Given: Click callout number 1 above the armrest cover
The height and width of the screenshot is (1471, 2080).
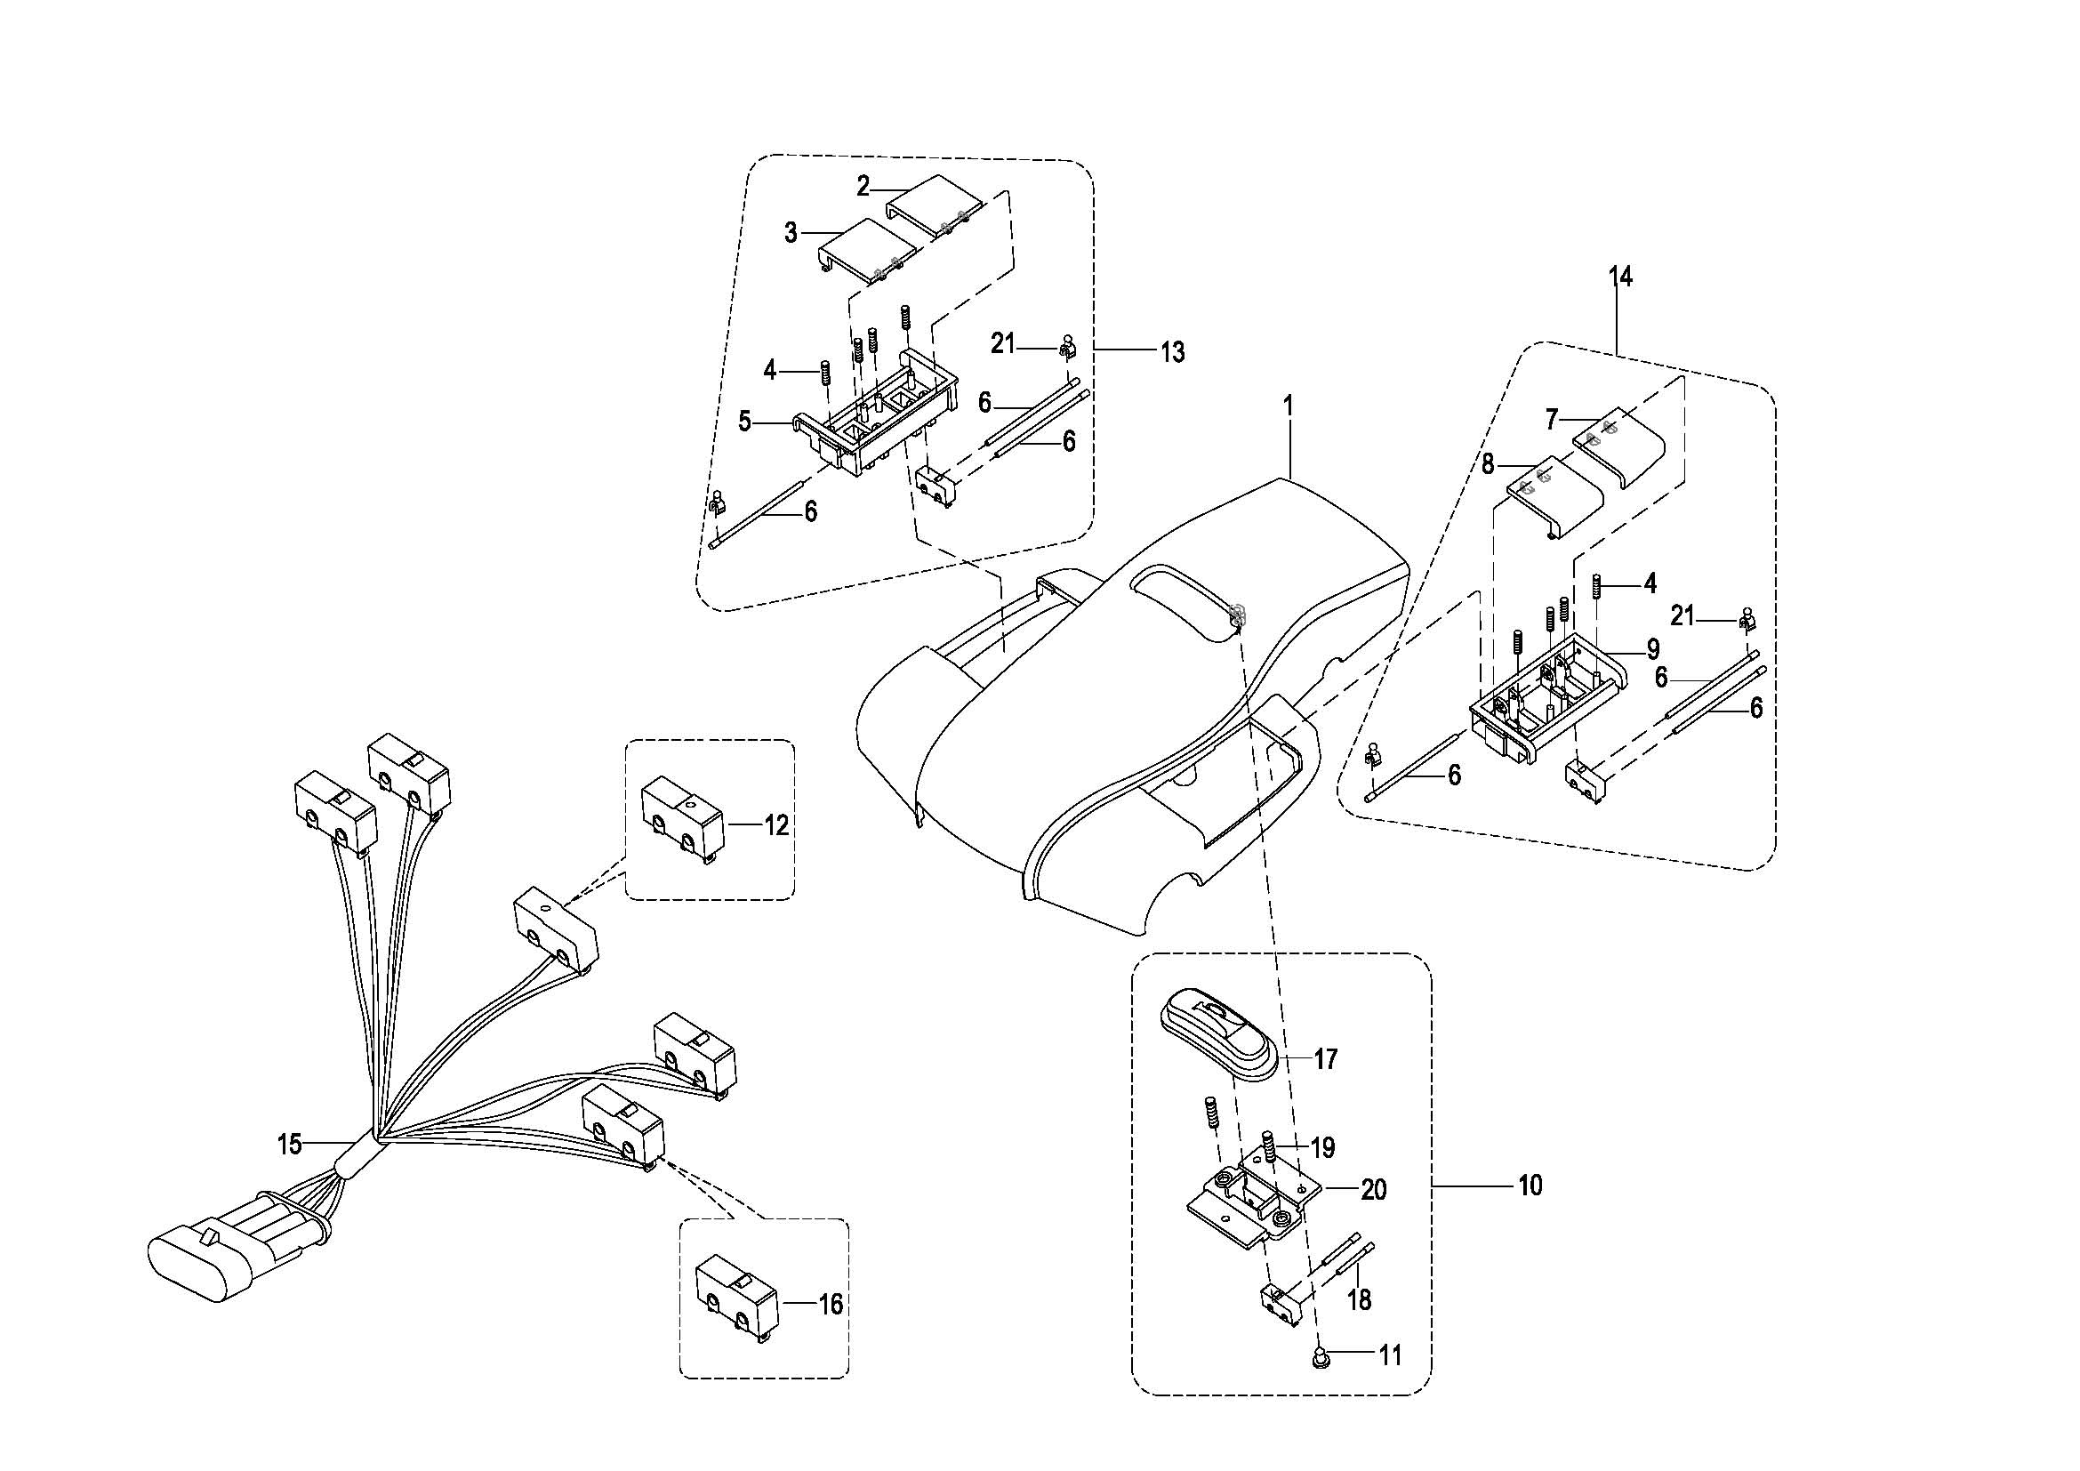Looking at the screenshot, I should tap(1288, 406).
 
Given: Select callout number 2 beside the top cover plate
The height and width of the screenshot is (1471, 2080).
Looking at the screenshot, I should tap(863, 187).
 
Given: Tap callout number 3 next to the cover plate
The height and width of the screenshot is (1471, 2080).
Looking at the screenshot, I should tap(791, 233).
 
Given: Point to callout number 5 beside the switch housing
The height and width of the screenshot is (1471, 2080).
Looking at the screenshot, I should tap(744, 422).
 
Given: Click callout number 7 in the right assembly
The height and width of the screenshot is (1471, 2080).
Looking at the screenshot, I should tap(1552, 420).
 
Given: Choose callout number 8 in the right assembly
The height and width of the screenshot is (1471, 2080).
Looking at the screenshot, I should tap(1488, 464).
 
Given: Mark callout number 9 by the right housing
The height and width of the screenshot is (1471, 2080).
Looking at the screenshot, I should tap(1653, 648).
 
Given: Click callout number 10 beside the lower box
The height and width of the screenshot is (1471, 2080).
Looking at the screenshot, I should tap(1530, 1185).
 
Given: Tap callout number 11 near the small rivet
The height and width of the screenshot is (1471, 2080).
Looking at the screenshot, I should tap(1390, 1355).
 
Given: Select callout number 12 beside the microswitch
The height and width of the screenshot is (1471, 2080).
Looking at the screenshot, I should tap(776, 825).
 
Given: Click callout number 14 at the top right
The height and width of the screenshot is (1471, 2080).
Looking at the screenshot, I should tap(1621, 277).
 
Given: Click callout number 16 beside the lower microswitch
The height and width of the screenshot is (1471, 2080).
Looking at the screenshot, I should tap(830, 1305).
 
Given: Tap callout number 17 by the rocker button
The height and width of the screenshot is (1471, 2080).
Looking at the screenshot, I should tap(1325, 1059).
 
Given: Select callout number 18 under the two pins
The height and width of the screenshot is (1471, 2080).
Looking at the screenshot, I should tap(1359, 1300).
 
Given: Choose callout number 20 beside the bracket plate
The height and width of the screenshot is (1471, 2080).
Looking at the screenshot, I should tap(1373, 1189).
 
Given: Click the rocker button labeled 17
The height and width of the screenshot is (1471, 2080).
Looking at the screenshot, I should tap(1219, 1033).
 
